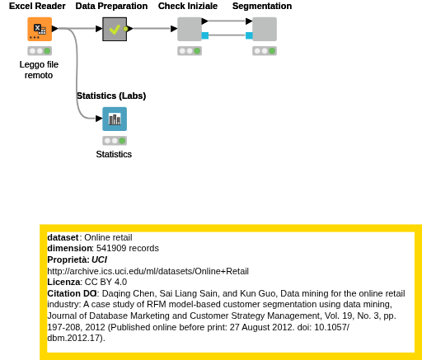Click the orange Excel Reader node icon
tap(40, 29)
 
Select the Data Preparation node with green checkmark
tap(115, 29)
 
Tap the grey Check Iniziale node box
tap(190, 29)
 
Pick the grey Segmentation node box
tap(265, 29)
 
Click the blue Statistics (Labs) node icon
tap(115, 119)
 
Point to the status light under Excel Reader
tap(40, 51)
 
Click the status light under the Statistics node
tap(115, 141)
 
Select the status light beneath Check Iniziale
tap(190, 51)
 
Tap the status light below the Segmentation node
tap(265, 51)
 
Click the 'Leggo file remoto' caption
tap(39, 70)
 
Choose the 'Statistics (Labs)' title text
tap(111, 96)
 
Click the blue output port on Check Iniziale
tap(205, 35)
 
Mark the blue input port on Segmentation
tap(249, 35)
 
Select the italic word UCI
tap(99, 259)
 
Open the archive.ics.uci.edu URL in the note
tap(148, 271)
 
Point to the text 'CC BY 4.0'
tap(105, 282)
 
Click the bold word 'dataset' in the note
tap(63, 237)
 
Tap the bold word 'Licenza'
tap(63, 282)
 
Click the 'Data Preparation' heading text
tap(111, 6)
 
